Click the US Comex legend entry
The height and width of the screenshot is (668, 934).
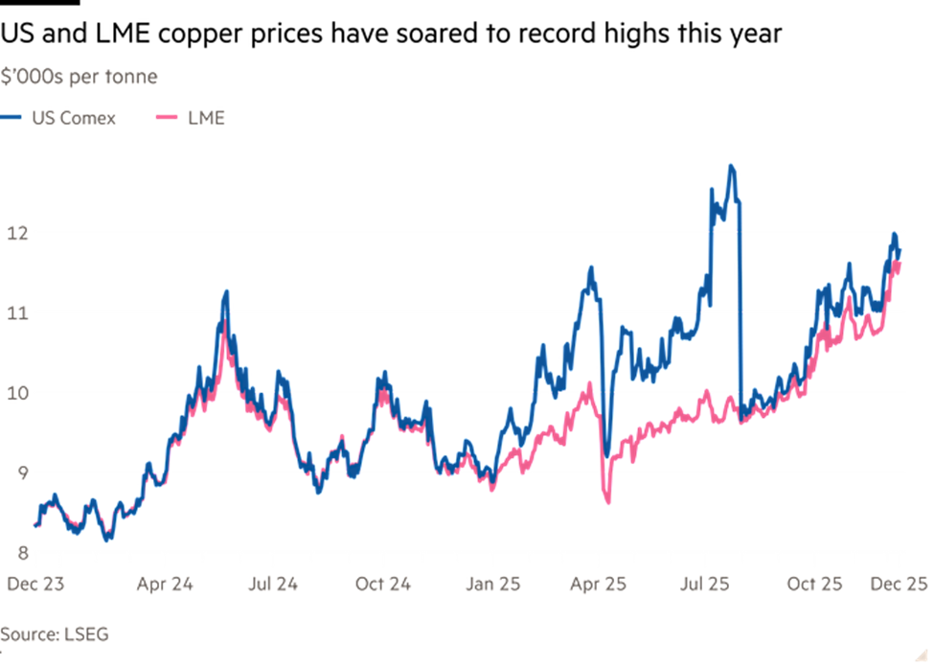[x=59, y=118]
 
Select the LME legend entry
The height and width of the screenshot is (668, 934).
[x=191, y=118]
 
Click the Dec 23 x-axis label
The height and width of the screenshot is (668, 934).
[x=35, y=583]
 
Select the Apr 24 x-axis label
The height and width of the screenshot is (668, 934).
[x=165, y=583]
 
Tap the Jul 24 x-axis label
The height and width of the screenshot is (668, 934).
[x=273, y=583]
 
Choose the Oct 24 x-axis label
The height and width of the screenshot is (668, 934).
[x=382, y=583]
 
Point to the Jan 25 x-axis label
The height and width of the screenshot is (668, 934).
[x=492, y=583]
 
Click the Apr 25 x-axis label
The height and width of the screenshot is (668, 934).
[x=599, y=583]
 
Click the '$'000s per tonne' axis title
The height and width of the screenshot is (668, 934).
[x=80, y=77]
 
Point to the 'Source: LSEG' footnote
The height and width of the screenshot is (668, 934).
[x=55, y=633]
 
